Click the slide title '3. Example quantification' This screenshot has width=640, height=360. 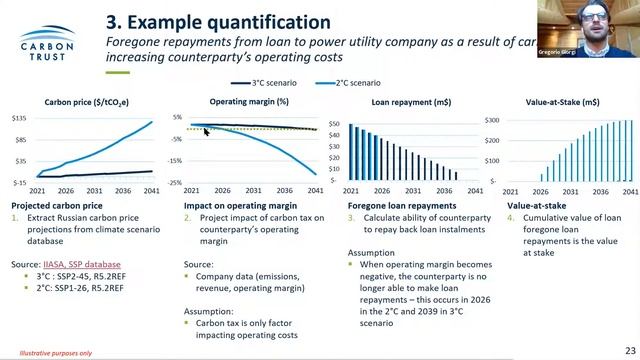click(x=218, y=21)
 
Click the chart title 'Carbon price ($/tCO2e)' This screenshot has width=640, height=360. click(x=86, y=102)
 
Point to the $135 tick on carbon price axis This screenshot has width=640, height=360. click(x=18, y=118)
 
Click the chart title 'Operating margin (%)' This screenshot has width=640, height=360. click(x=248, y=102)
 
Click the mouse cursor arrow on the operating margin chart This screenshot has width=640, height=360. click(x=207, y=130)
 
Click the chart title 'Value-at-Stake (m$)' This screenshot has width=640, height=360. click(x=562, y=102)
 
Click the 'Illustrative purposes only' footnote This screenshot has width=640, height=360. click(x=35, y=353)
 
